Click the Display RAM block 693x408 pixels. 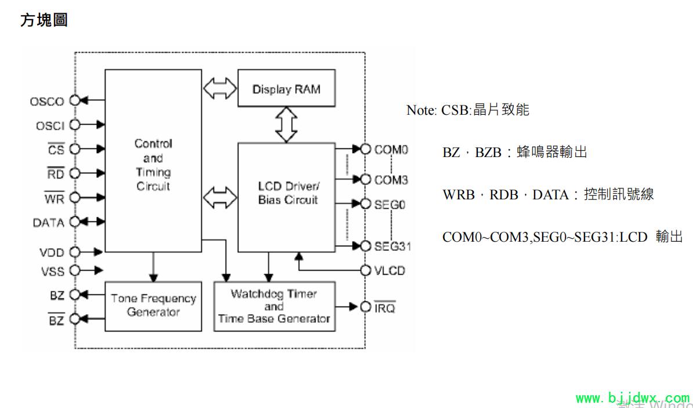point(286,89)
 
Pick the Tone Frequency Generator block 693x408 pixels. point(153,305)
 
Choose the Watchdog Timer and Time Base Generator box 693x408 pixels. point(274,306)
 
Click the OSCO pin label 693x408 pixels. point(47,101)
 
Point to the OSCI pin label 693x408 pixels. point(50,126)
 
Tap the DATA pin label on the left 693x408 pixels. point(48,223)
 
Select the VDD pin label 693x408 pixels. point(52,253)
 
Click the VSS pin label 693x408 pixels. point(52,271)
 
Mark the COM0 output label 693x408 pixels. point(391,150)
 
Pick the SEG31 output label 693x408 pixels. point(393,246)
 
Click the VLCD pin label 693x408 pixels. point(390,271)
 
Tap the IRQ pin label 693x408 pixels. point(385,308)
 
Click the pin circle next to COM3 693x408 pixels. point(365,180)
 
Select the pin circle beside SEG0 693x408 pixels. point(365,204)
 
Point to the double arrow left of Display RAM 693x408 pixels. point(220,89)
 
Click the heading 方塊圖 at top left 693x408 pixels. point(44,20)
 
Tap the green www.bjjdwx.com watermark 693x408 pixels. point(632,399)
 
